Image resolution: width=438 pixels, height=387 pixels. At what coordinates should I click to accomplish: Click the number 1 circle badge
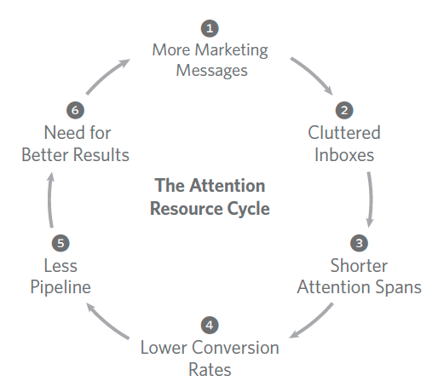[x=210, y=27]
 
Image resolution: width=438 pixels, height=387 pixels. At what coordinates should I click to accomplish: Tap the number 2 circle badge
[x=344, y=110]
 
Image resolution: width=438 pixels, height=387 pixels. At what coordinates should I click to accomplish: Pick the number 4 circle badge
[x=210, y=325]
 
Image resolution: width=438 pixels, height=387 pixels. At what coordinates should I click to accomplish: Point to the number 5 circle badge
[x=61, y=242]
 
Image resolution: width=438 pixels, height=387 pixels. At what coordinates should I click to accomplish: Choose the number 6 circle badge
[x=74, y=110]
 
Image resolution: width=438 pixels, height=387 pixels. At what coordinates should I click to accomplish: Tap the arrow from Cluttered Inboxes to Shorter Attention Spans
[x=371, y=196]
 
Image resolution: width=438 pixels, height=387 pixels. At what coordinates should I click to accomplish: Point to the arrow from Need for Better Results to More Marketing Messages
[x=107, y=76]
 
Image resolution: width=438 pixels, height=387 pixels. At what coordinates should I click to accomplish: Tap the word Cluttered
[x=344, y=133]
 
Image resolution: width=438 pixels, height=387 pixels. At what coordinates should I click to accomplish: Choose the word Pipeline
[x=61, y=286]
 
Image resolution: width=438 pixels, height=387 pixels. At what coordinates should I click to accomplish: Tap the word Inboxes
[x=344, y=155]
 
